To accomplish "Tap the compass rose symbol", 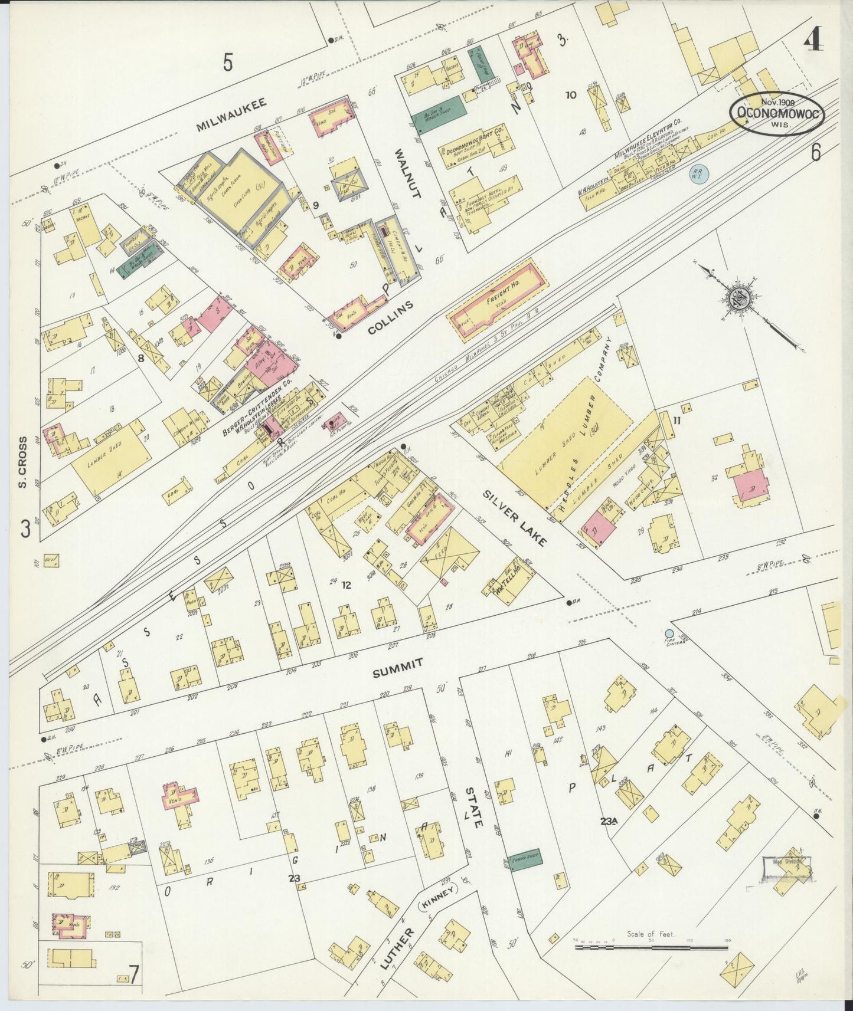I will [x=738, y=298].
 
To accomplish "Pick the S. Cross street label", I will [x=23, y=462].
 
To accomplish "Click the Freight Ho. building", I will [x=497, y=301].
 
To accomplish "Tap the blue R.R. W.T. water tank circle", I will [x=700, y=173].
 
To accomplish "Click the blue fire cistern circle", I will [x=668, y=633].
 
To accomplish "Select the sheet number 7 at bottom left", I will [x=135, y=975].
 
